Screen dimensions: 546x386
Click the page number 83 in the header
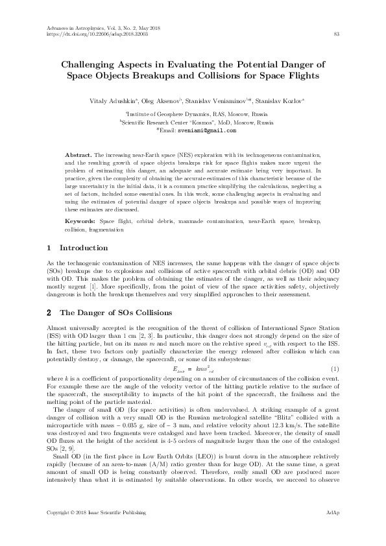point(335,33)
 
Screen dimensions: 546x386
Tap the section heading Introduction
point(84,248)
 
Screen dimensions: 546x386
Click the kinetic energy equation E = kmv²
point(193,368)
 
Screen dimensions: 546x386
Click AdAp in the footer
point(332,531)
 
